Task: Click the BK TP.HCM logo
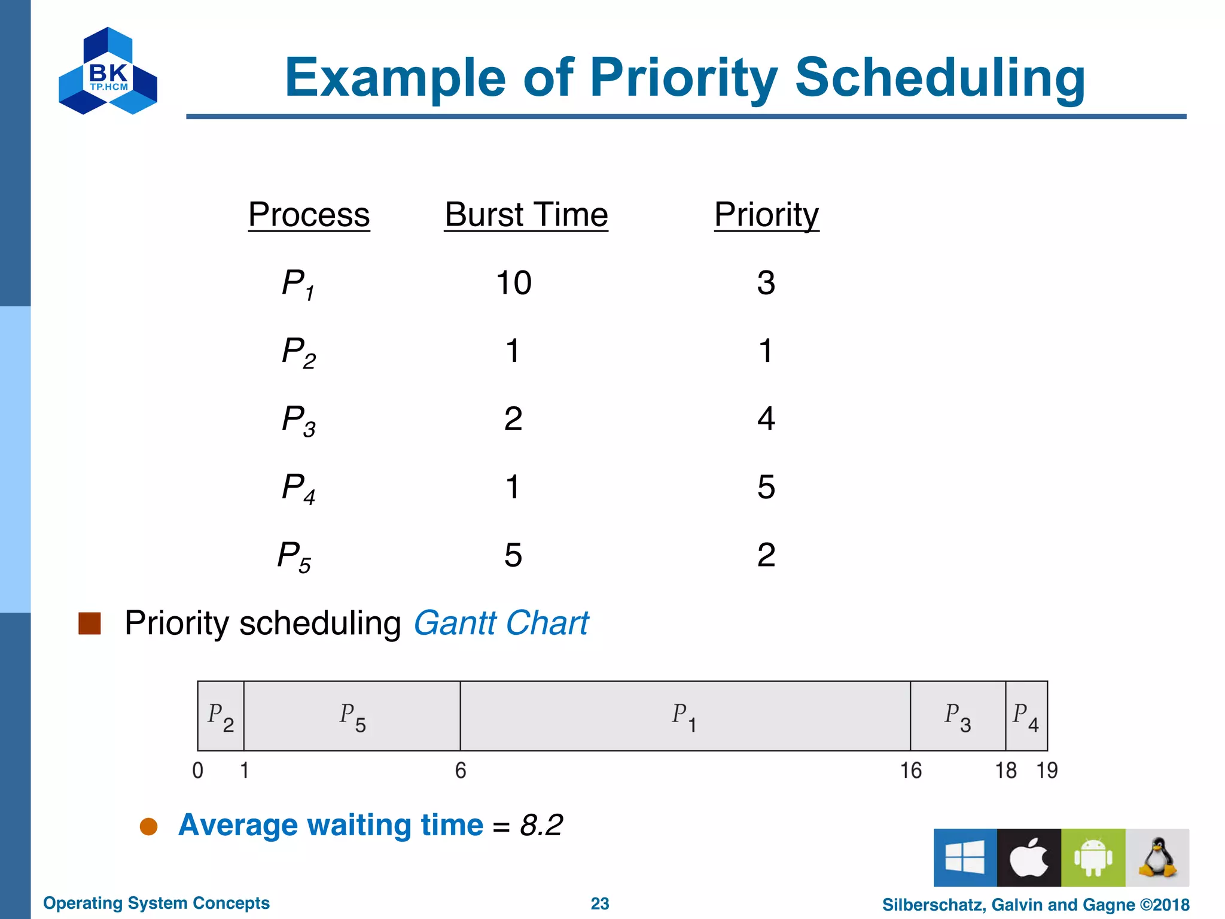(108, 71)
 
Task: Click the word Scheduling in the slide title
(939, 78)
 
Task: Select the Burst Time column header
(526, 215)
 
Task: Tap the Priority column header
(766, 215)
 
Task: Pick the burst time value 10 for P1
(514, 283)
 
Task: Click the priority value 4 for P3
(766, 419)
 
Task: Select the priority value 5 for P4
(766, 487)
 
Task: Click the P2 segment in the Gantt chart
(221, 716)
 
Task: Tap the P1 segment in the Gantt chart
(684, 716)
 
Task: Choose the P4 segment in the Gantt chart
(1026, 716)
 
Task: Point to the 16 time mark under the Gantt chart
(911, 771)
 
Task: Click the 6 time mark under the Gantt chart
(461, 771)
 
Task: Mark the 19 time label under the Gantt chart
(1047, 771)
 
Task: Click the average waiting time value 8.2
(541, 826)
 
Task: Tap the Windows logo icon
(965, 857)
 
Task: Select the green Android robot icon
(1093, 857)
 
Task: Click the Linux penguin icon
(1157, 857)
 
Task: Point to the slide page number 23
(600, 903)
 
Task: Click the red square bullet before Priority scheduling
(90, 623)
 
